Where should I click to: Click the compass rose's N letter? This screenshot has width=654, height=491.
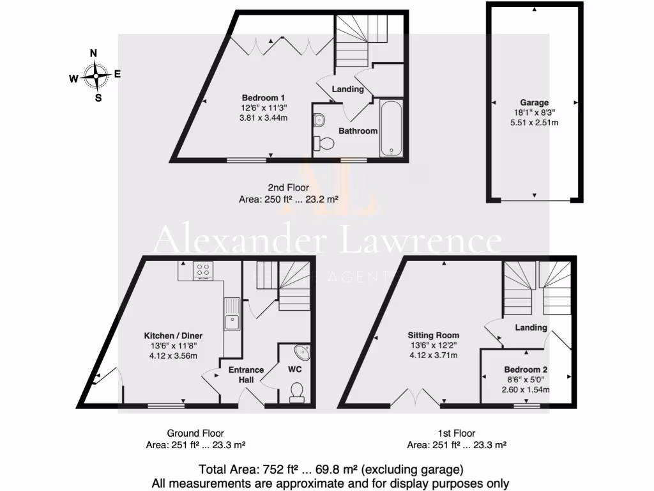[x=93, y=54]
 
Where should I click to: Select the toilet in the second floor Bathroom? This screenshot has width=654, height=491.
[x=326, y=143]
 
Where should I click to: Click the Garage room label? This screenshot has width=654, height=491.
[x=535, y=102]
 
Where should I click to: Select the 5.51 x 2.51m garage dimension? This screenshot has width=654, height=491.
[x=535, y=122]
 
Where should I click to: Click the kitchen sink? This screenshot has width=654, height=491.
[x=232, y=315]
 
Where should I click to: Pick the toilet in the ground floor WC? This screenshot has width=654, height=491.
[x=297, y=391]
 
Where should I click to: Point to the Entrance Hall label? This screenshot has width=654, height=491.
[x=247, y=375]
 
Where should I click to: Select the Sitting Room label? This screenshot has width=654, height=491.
[x=434, y=335]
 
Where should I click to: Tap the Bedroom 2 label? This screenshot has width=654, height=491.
[x=526, y=370]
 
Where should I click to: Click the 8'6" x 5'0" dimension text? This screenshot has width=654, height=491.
[x=526, y=379]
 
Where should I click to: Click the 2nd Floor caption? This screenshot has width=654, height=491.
[x=288, y=188]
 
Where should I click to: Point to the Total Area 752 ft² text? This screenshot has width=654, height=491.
[x=327, y=469]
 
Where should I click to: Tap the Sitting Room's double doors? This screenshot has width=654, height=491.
[x=415, y=398]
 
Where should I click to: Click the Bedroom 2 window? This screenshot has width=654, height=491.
[x=526, y=405]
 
